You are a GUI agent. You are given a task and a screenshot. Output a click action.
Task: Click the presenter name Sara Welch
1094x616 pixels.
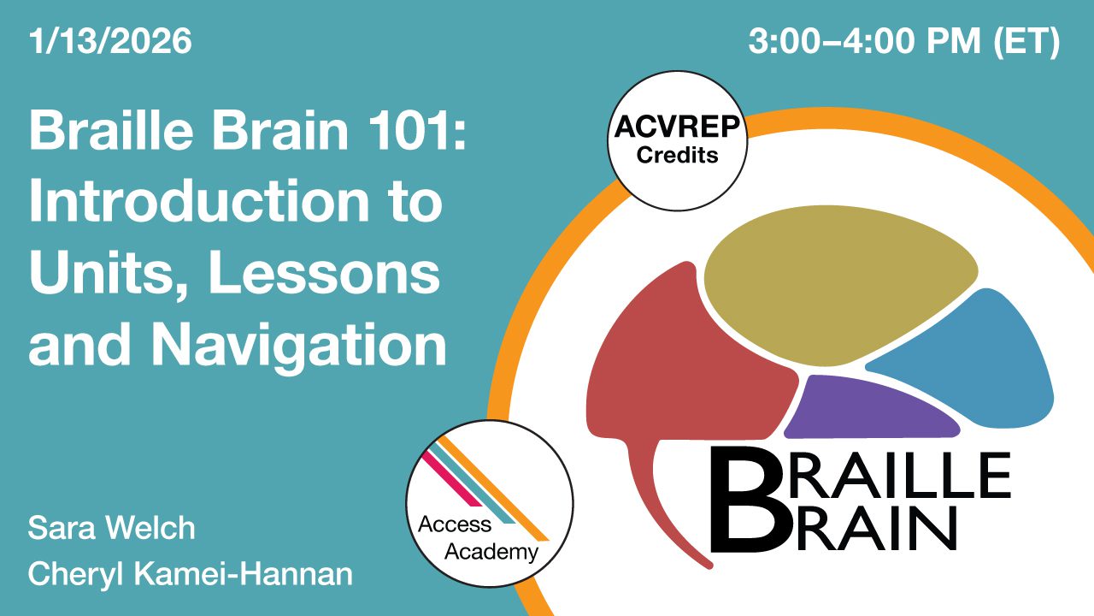click(111, 528)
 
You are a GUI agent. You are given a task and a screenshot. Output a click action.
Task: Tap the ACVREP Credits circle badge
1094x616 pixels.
click(676, 140)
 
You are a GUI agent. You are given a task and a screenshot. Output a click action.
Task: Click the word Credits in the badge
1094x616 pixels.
click(676, 156)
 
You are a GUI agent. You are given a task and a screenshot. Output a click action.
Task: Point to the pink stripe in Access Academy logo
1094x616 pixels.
click(452, 479)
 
